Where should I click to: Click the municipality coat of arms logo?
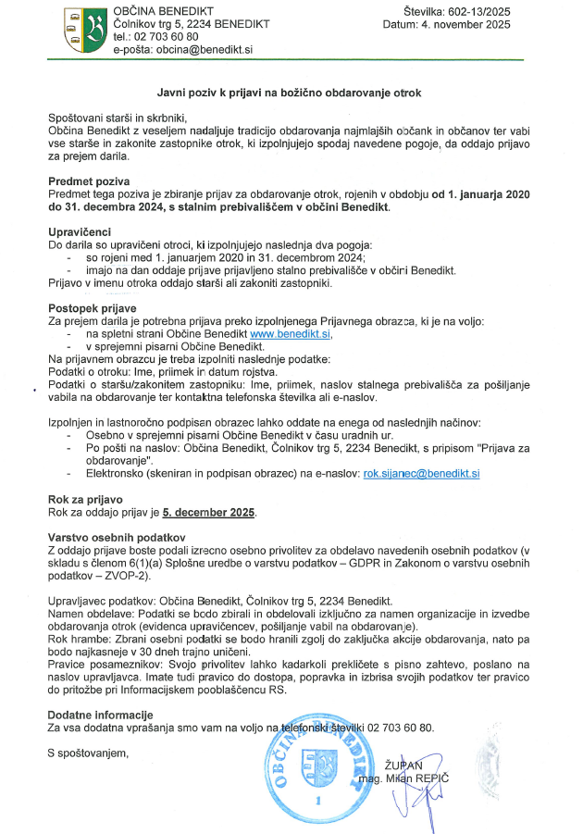point(86,30)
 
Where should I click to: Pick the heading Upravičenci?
point(81,230)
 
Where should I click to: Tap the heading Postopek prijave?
point(93,305)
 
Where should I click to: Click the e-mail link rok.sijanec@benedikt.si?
point(420,472)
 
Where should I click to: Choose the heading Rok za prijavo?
point(85,498)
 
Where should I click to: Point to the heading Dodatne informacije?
point(99,715)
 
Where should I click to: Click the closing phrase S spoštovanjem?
point(89,753)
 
